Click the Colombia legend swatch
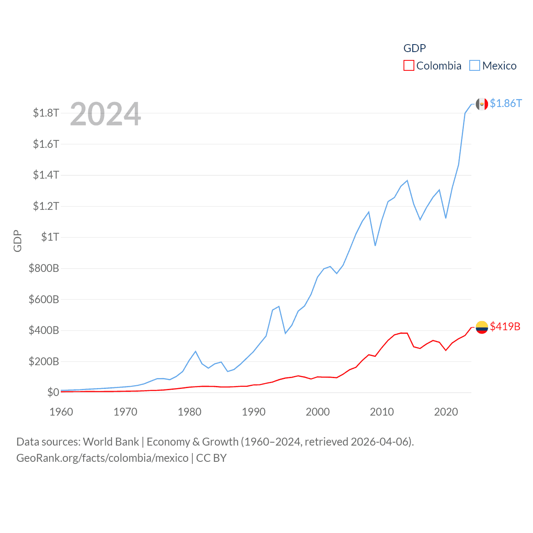[409, 66]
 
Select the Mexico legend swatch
[475, 66]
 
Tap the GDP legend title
[414, 48]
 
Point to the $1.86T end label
[506, 103]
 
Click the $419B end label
[505, 326]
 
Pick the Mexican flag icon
[482, 104]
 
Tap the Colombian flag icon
[482, 327]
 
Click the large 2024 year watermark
[105, 114]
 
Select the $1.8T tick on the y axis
[46, 113]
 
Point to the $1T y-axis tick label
[50, 237]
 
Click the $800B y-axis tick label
[44, 268]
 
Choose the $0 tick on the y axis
[53, 392]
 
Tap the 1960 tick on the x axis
[61, 412]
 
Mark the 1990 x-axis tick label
[254, 412]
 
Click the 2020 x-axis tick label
[446, 412]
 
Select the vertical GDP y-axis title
[17, 241]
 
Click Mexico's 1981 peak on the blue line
[196, 351]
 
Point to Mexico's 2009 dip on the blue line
[375, 245]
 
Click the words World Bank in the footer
[111, 442]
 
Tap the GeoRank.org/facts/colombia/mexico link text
[102, 458]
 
